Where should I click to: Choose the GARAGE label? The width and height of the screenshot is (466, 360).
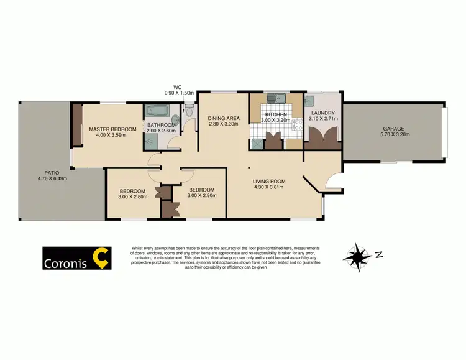click(393, 129)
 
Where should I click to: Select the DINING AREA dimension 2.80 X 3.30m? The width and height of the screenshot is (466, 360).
click(224, 124)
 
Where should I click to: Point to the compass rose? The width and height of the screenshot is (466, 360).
click(356, 254)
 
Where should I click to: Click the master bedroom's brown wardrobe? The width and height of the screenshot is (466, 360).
click(77, 125)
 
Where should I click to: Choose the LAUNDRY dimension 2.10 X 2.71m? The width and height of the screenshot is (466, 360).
click(323, 118)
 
